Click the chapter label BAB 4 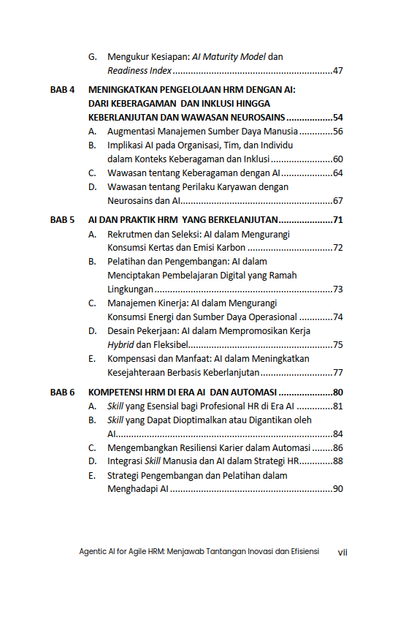point(62,90)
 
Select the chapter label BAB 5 point(62,220)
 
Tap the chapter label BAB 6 point(62,392)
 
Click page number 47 point(337,71)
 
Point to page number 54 point(337,118)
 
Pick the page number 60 point(337,159)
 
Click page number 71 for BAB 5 point(337,220)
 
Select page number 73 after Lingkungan point(337,289)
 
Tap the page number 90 point(337,489)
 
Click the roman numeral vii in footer point(342,552)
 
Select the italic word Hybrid point(121,344)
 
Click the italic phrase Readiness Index point(139,71)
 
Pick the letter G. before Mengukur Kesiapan point(93,56)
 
